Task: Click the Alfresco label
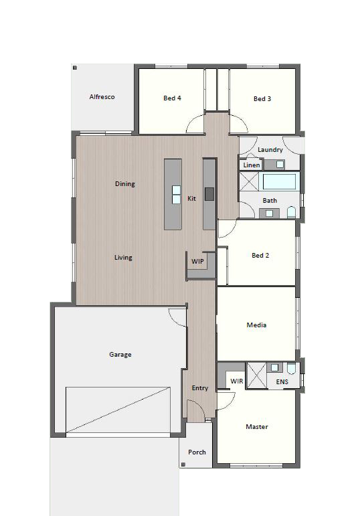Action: (x=102, y=97)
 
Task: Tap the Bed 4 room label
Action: (x=172, y=98)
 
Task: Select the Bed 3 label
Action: (x=262, y=99)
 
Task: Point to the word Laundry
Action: (x=270, y=150)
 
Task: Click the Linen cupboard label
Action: (x=252, y=165)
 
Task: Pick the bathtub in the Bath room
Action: (x=279, y=182)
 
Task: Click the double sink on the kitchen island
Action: (x=177, y=195)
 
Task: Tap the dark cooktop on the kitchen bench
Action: (x=209, y=194)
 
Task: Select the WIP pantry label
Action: (x=197, y=261)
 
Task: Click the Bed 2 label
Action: (x=260, y=256)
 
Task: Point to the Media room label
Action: (x=257, y=325)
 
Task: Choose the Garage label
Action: (x=120, y=355)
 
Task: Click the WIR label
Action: (x=237, y=381)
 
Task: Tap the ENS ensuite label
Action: (x=282, y=381)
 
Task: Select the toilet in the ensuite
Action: (x=292, y=368)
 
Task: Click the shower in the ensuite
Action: (x=256, y=375)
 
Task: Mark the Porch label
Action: (x=197, y=452)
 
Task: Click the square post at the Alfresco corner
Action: (x=75, y=68)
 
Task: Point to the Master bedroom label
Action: (x=257, y=427)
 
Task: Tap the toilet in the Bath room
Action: (x=292, y=212)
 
